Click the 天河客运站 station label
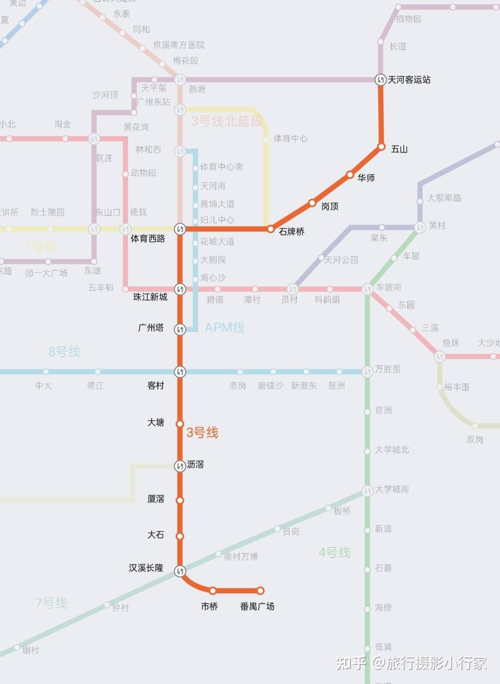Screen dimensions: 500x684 pyautogui.click(x=409, y=80)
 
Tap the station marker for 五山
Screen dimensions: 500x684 pyautogui.click(x=381, y=147)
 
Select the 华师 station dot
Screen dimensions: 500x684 pyautogui.click(x=350, y=175)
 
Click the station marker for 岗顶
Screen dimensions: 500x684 pyautogui.click(x=312, y=203)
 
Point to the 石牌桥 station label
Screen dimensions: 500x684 pyautogui.click(x=291, y=232)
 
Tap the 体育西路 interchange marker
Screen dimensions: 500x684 pyautogui.click(x=180, y=229)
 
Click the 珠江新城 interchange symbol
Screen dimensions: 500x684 pyautogui.click(x=180, y=289)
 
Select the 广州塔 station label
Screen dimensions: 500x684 pyautogui.click(x=151, y=328)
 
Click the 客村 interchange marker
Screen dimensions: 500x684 pyautogui.click(x=180, y=372)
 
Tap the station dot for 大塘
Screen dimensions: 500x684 pyautogui.click(x=179, y=424)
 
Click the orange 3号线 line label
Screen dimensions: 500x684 pyautogui.click(x=202, y=433)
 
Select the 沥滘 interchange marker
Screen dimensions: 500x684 pyautogui.click(x=180, y=466)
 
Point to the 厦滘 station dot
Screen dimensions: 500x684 pyautogui.click(x=179, y=500)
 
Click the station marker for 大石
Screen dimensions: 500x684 pyautogui.click(x=179, y=536)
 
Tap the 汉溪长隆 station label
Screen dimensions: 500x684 pyautogui.click(x=146, y=568)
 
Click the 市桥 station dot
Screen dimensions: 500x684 pyautogui.click(x=213, y=591)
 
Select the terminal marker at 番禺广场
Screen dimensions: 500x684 pyautogui.click(x=260, y=591)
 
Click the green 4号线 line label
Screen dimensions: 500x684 pyautogui.click(x=335, y=553)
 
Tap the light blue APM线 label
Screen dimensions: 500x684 pyautogui.click(x=225, y=328)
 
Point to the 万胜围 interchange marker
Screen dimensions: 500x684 pyautogui.click(x=368, y=372)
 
